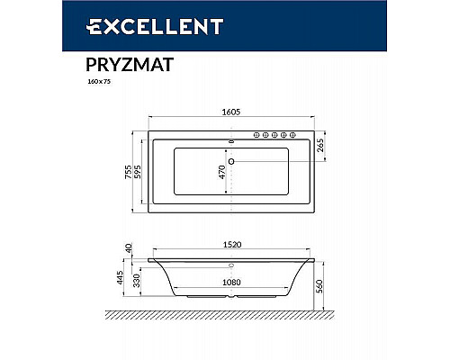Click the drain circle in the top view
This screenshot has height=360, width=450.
(231, 162)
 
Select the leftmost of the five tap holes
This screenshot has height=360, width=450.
(256, 136)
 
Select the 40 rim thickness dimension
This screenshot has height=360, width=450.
(130, 248)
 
